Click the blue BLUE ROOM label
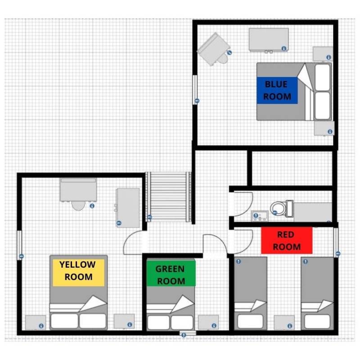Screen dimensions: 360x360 pos(277,90)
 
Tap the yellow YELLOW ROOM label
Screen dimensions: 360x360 pos(78,273)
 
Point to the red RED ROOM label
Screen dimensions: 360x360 pos(287,240)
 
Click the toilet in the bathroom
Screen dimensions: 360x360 pos(282,208)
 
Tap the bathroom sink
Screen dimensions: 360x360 pos(260,216)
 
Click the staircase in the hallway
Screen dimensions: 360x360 pos(168,197)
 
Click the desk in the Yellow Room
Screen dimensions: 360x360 pos(78,190)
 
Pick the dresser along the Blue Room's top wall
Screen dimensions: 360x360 pos(269,40)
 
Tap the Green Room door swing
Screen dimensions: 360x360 pos(215,244)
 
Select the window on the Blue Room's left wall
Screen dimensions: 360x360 pos(195,90)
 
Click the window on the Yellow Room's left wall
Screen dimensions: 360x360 pos(19,245)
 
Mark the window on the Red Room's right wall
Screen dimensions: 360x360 pos(336,242)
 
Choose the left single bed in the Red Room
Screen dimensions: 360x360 pos(251,293)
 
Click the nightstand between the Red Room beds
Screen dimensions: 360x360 pos(284,322)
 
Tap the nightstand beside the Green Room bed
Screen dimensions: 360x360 pos(208,322)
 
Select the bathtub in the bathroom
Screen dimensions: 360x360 pos(313,212)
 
